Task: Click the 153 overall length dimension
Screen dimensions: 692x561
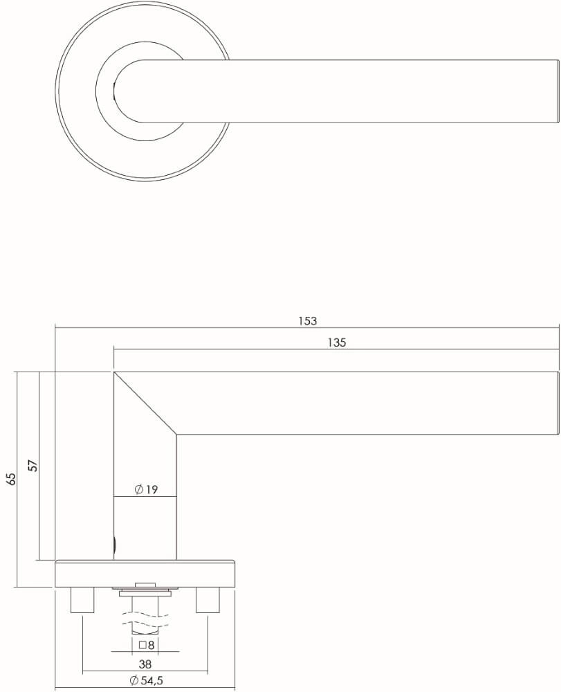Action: [x=307, y=321]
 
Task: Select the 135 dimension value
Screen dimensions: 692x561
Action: [x=336, y=343]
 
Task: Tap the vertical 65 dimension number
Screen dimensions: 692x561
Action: [x=10, y=479]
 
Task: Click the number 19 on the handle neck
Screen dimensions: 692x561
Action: [x=151, y=490]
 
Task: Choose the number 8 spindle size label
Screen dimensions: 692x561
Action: [x=151, y=645]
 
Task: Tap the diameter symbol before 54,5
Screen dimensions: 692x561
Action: [x=134, y=681]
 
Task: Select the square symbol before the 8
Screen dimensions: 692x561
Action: [x=142, y=645]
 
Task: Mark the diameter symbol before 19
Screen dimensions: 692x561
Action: [x=138, y=490]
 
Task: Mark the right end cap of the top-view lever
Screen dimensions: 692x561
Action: [x=555, y=91]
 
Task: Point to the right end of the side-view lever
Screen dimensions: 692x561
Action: [x=556, y=403]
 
